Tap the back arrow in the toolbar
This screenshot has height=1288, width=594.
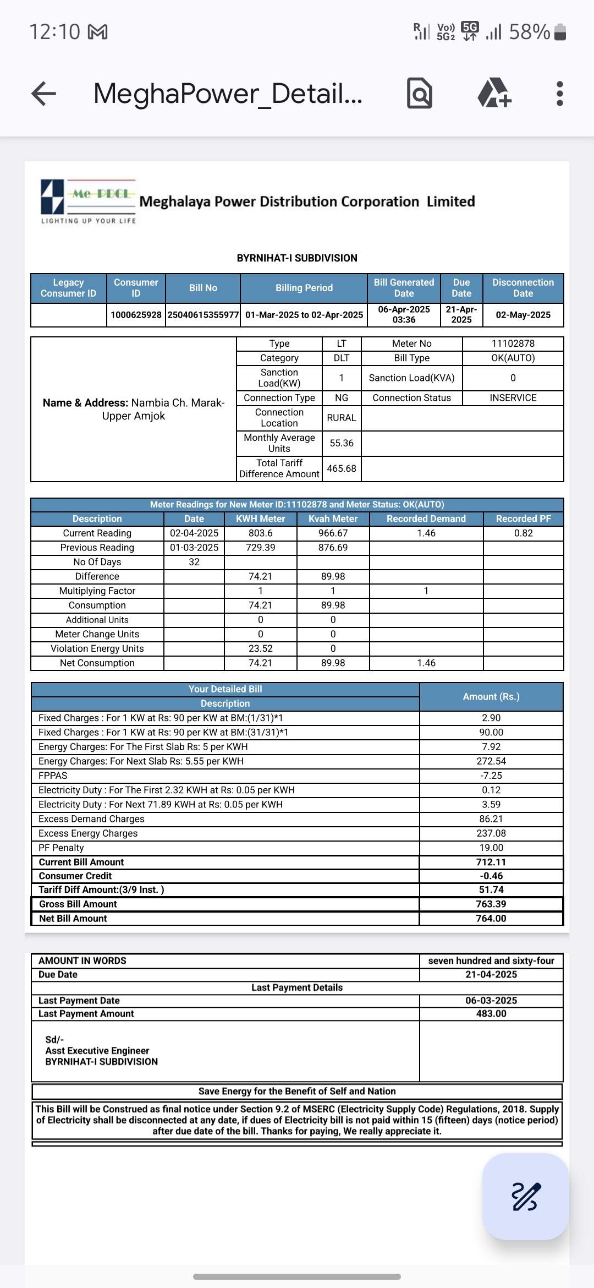[44, 94]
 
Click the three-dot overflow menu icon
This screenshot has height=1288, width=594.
[559, 94]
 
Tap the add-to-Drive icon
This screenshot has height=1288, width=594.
[494, 94]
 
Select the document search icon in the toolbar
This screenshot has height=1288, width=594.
[420, 94]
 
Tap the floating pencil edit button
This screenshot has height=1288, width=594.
[525, 1196]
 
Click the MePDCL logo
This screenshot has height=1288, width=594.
[88, 201]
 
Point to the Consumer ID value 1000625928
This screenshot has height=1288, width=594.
[136, 315]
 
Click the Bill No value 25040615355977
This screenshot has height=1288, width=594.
[203, 315]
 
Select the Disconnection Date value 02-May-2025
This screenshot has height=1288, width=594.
[523, 315]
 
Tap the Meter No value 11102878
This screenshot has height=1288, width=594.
[513, 343]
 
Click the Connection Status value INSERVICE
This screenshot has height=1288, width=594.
[513, 398]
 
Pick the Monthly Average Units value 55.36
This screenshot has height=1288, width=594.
[342, 443]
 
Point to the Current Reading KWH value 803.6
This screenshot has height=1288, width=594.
[260, 533]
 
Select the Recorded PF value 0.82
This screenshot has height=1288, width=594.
[523, 533]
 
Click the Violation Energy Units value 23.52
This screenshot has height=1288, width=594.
[260, 648]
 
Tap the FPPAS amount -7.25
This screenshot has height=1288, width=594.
[491, 776]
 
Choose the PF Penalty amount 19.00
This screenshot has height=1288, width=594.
[491, 848]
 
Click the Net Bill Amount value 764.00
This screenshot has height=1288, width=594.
[491, 918]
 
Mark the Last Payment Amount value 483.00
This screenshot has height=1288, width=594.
[491, 1013]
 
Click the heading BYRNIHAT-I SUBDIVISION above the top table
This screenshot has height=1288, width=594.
[297, 258]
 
